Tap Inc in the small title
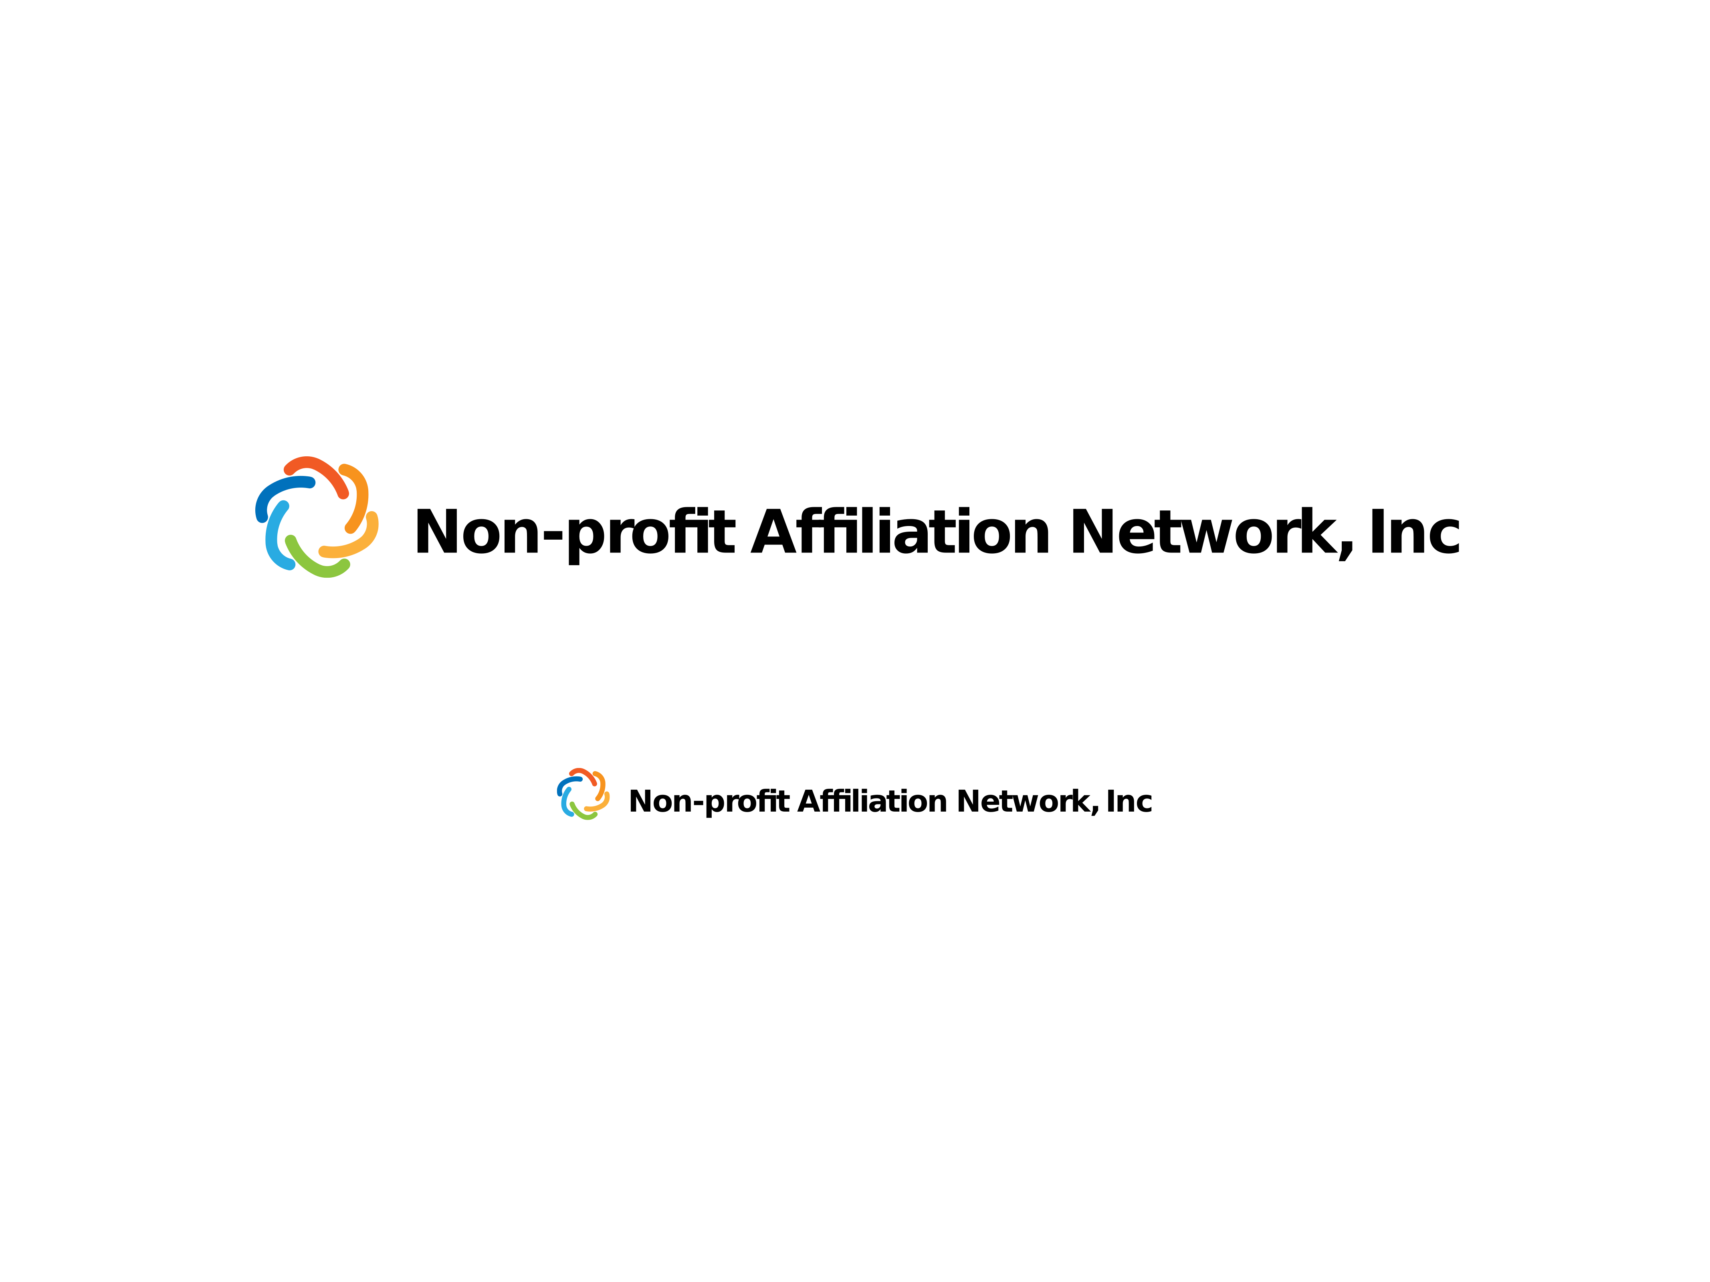point(1129,801)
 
